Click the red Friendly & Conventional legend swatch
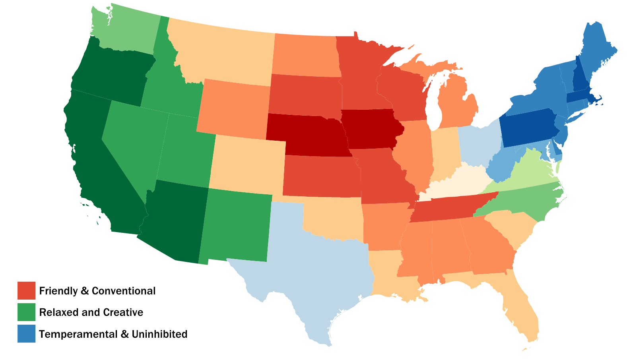point(26,290)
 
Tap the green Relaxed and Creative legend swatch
point(26,312)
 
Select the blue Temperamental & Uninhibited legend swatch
point(26,333)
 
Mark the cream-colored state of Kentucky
point(457,183)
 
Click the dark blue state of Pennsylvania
point(527,127)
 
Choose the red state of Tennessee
point(449,209)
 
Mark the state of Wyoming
point(235,107)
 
